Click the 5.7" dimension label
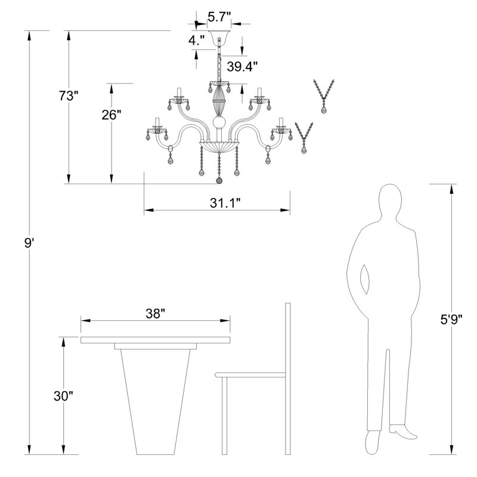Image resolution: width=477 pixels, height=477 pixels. pyautogui.click(x=218, y=17)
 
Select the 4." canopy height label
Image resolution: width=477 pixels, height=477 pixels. pyautogui.click(x=196, y=40)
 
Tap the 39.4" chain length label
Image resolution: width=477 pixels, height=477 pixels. pyautogui.click(x=242, y=66)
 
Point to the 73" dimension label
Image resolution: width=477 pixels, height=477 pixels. pyautogui.click(x=69, y=96)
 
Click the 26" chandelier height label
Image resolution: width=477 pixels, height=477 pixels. pyautogui.click(x=111, y=115)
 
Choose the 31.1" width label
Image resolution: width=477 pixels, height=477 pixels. pyautogui.click(x=225, y=203)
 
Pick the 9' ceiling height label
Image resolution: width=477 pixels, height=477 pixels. pyautogui.click(x=29, y=243)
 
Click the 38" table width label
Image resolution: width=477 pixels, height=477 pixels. pyautogui.click(x=155, y=314)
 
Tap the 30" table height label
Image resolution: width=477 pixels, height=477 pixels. pyautogui.click(x=64, y=396)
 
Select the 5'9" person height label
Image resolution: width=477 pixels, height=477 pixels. pyautogui.click(x=451, y=320)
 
